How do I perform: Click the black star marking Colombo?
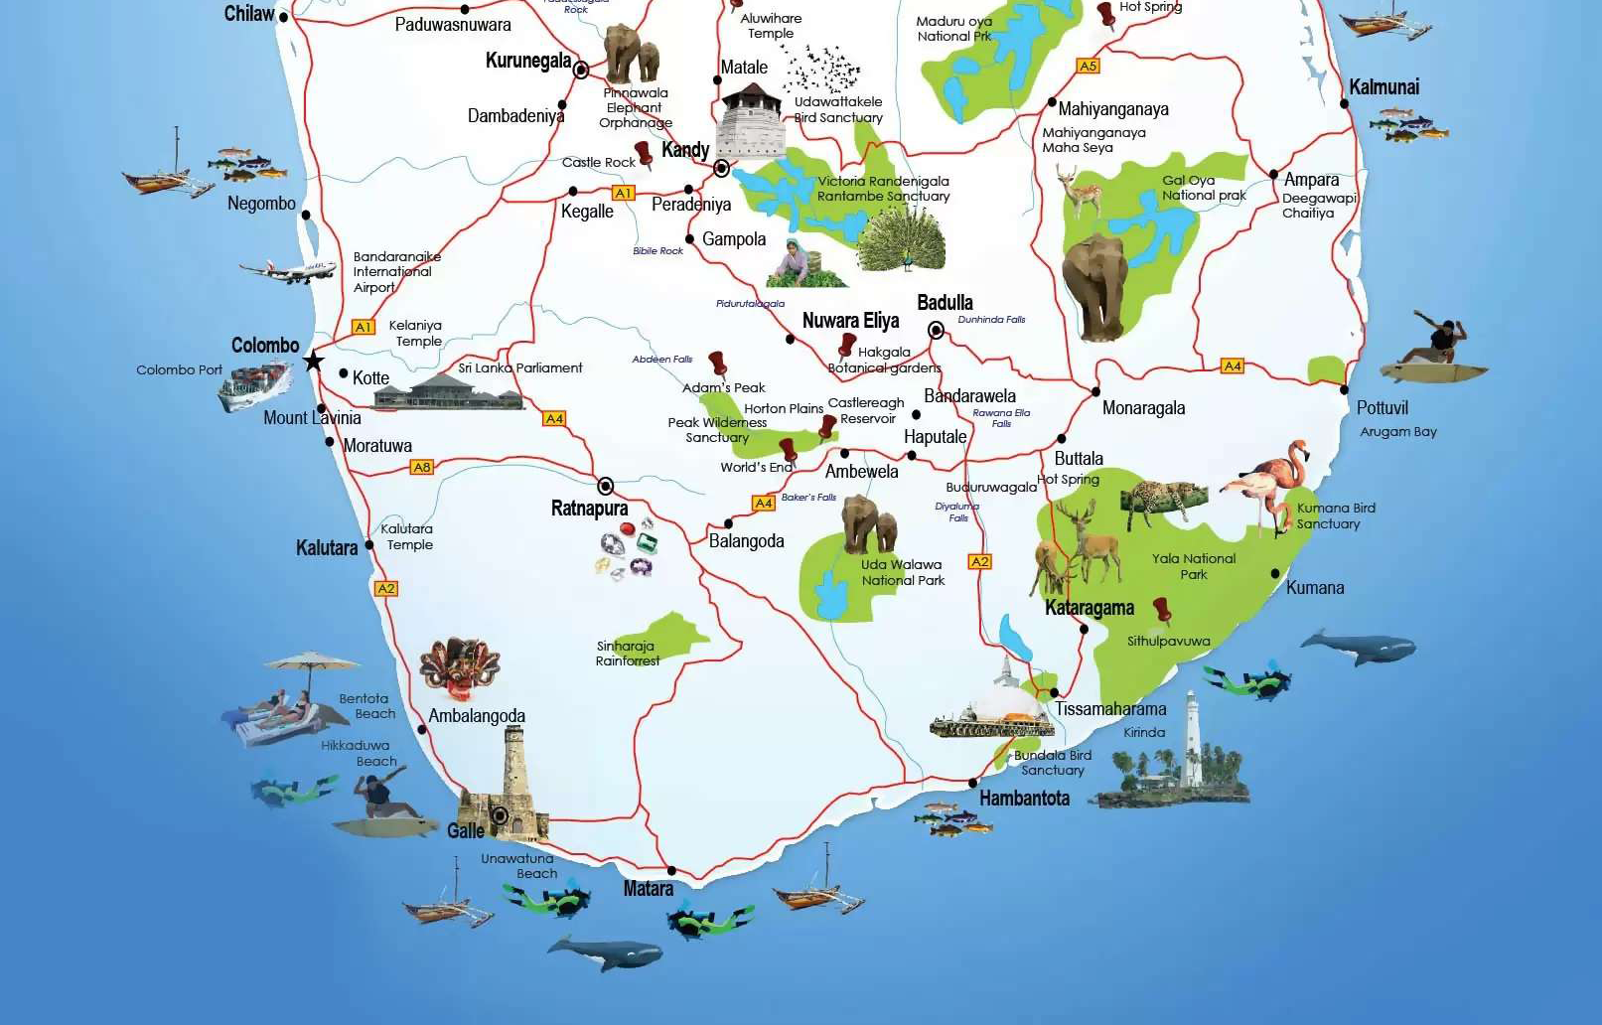[314, 361]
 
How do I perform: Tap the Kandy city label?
[685, 150]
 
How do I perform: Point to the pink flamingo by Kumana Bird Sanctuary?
[1268, 486]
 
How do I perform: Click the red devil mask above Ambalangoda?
[459, 668]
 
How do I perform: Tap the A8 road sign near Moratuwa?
[422, 467]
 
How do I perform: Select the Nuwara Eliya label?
[850, 321]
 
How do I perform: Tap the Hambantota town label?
[1024, 799]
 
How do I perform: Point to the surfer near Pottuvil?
[1438, 349]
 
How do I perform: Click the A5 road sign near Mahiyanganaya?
[1089, 66]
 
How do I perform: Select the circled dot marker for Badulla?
[936, 330]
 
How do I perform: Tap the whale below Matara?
[605, 954]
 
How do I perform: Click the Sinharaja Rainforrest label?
[628, 654]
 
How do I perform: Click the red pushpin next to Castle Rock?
[644, 152]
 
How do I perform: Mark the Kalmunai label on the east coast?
[1384, 87]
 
